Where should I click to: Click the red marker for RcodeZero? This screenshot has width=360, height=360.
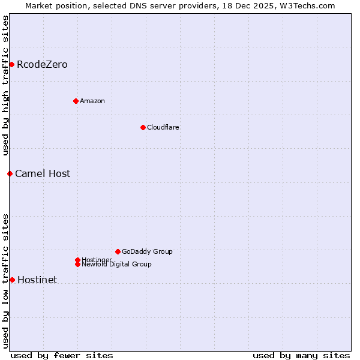[x=11, y=64]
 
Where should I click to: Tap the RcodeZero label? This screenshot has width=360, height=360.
[x=42, y=65]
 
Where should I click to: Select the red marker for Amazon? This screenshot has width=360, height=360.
[x=76, y=101]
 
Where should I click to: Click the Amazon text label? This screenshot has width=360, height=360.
[x=92, y=101]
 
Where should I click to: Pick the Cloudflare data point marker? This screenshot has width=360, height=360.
[x=143, y=127]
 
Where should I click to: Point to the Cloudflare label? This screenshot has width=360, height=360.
[x=163, y=127]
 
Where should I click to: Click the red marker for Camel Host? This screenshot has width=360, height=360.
[x=10, y=173]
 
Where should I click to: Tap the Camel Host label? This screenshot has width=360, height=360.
[x=43, y=174]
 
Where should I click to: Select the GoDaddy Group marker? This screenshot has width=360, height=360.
[x=118, y=251]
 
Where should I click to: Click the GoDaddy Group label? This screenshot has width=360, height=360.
[x=147, y=251]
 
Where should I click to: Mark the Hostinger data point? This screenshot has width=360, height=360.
[x=77, y=260]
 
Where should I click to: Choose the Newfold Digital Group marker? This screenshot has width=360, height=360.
[x=77, y=264]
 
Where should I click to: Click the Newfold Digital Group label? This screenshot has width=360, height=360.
[x=117, y=265]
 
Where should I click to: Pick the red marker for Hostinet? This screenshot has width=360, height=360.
[x=12, y=280]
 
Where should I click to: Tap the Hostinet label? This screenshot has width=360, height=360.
[x=37, y=280]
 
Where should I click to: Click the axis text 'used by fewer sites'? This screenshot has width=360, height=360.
[x=62, y=355]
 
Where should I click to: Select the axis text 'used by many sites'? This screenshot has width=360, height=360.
[x=301, y=355]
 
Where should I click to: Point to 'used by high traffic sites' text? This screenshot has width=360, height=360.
[x=5, y=85]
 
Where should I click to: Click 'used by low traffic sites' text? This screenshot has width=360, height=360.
[x=5, y=281]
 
